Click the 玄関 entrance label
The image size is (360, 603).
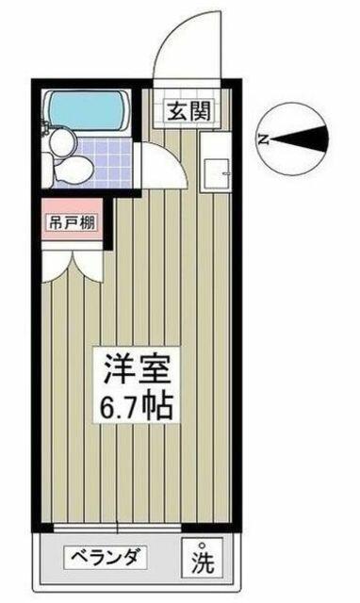tap(189, 111)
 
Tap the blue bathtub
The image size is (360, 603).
tap(87, 110)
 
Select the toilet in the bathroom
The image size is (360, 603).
tap(70, 168)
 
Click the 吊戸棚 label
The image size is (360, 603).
tap(73, 222)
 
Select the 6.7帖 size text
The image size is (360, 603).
tap(136, 407)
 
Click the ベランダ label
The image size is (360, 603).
tap(105, 557)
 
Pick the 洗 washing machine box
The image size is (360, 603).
tap(203, 557)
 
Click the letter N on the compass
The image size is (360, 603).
tap(263, 139)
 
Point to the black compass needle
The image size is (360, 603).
tap(299, 139)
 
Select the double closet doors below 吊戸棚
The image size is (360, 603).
tap(72, 267)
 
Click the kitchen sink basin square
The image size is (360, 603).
tap(217, 173)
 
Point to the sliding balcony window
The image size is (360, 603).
tap(117, 528)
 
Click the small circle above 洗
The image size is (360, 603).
tap(201, 545)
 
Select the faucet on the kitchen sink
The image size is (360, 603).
tap(226, 174)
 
